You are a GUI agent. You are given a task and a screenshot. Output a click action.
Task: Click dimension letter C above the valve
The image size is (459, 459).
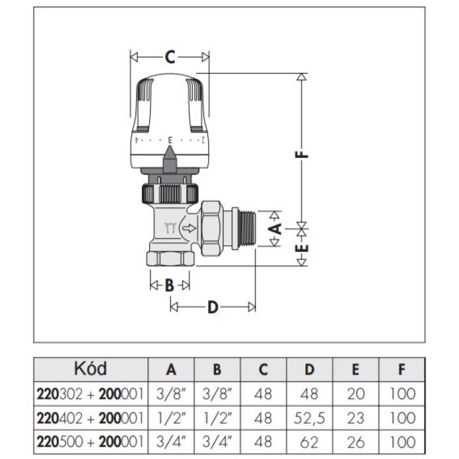coord(170,57)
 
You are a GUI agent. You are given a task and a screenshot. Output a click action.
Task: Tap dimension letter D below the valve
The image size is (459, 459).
coord(213,308)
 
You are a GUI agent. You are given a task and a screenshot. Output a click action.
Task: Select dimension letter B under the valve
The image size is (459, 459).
coord(169,285)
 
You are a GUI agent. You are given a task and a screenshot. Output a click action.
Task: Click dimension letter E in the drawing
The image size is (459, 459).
coord(302,248)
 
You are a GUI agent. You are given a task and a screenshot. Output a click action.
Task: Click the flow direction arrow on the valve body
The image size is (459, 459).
coord(189,228)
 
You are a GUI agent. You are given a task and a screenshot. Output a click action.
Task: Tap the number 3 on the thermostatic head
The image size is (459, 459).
coord(170,140)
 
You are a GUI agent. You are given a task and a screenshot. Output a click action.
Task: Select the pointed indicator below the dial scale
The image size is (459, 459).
coord(169,160)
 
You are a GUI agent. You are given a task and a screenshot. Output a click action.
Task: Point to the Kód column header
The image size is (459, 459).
coord(90,368)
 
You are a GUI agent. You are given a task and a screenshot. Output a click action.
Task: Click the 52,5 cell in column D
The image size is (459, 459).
coord(309,418)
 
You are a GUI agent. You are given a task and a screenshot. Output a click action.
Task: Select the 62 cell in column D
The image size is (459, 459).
coord(309,442)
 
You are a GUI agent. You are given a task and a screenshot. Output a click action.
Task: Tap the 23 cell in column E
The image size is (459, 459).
coord(355,418)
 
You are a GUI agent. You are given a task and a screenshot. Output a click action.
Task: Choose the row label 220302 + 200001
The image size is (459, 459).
coord(90,394)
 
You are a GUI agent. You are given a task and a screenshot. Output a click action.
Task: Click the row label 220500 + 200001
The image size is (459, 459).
coord(90,442)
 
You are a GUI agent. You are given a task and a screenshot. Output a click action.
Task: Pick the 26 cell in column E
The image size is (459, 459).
coord(355,442)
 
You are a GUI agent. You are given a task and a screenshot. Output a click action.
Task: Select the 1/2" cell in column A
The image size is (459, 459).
coord(171,418)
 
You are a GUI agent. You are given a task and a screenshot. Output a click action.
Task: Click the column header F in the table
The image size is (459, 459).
coord(402,369)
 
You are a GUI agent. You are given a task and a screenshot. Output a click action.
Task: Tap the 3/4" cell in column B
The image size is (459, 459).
coord(217,442)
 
